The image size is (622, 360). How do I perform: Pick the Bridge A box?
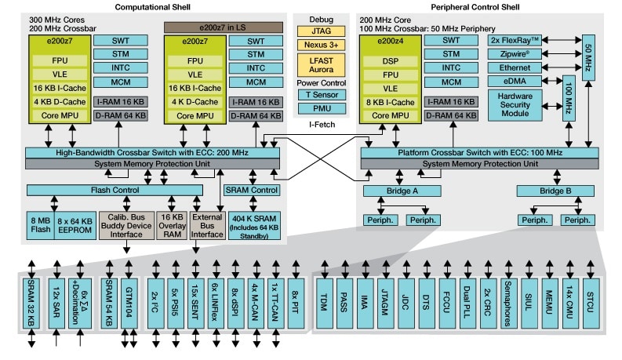402,191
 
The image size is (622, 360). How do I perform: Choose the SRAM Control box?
252,191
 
